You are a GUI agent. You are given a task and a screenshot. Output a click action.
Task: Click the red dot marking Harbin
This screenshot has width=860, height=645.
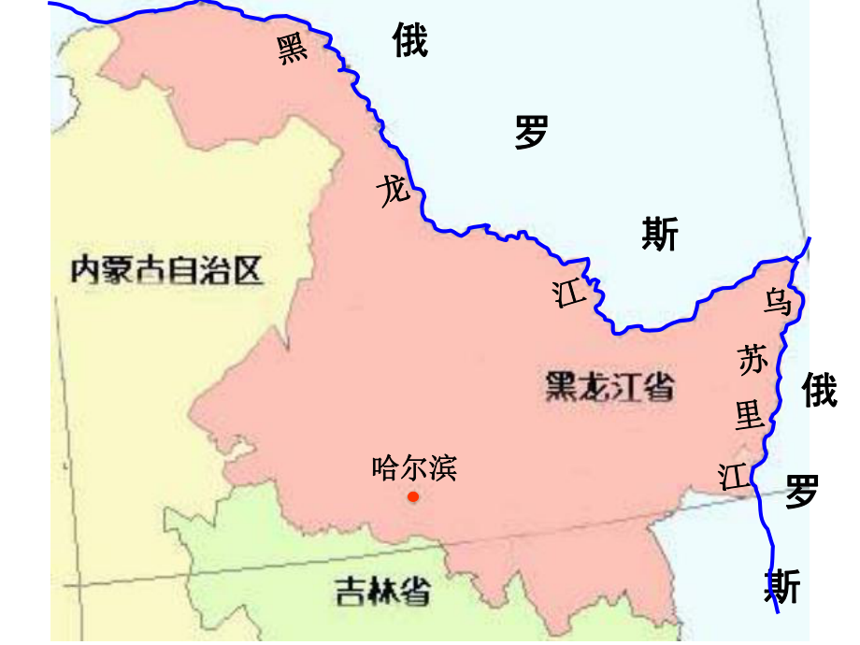(x=413, y=496)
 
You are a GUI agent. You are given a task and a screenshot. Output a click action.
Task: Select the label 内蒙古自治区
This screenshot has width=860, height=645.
(x=167, y=270)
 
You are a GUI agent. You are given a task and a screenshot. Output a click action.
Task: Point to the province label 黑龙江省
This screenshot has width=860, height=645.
(x=609, y=386)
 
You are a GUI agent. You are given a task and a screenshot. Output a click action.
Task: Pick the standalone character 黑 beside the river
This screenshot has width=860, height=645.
(x=292, y=50)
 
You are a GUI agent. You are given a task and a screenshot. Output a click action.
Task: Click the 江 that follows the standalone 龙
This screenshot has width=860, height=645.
(x=568, y=295)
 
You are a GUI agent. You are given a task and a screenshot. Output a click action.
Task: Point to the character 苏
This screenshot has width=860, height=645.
(x=753, y=360)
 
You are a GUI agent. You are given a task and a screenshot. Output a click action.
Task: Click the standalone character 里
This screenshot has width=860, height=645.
(x=750, y=414)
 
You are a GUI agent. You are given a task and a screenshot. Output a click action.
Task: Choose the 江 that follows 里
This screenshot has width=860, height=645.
(x=734, y=476)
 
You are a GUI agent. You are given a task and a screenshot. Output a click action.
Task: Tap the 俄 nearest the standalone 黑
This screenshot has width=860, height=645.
(x=409, y=41)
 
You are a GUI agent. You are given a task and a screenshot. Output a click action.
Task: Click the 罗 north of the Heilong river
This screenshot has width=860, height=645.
(x=531, y=133)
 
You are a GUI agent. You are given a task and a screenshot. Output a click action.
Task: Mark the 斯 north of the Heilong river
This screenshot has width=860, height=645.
(x=660, y=234)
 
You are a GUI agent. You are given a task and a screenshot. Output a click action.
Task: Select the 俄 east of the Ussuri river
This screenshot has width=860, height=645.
(x=820, y=390)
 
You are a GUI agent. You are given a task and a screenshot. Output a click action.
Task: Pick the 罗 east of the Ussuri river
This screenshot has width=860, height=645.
(x=802, y=490)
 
